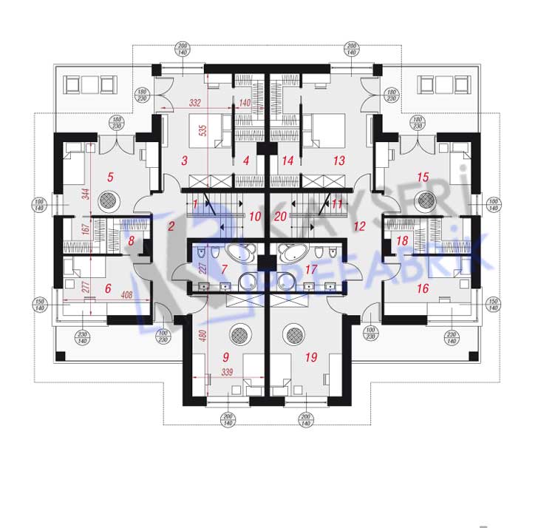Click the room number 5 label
click(x=110, y=177)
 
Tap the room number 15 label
click(x=423, y=177)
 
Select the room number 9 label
click(x=225, y=358)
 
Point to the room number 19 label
click(x=310, y=358)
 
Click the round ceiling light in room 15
click(x=425, y=200)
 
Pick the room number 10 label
click(x=256, y=217)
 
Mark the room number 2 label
click(x=171, y=226)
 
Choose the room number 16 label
click(x=423, y=288)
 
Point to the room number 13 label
click(x=339, y=160)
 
